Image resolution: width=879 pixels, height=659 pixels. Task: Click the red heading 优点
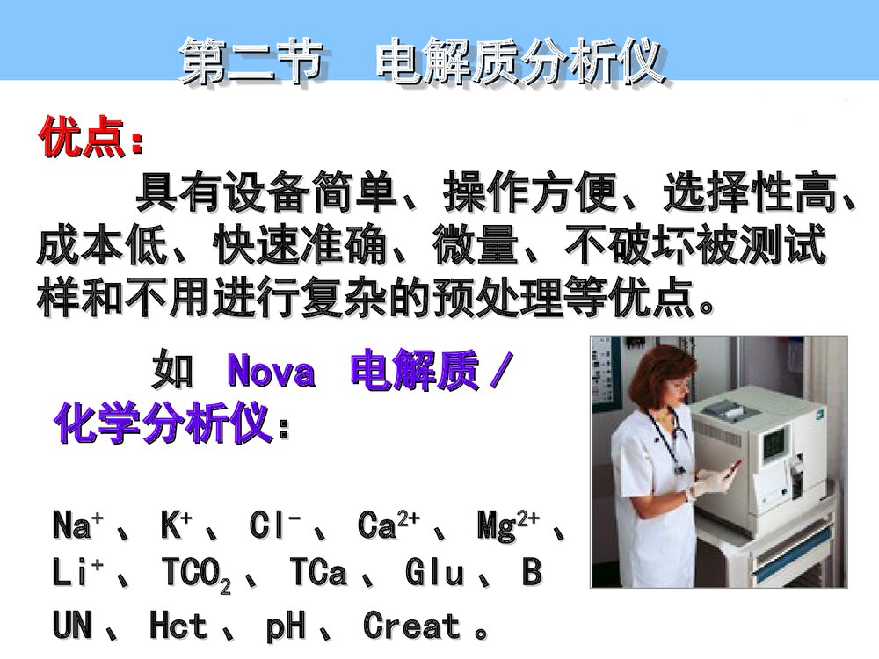pos(84,139)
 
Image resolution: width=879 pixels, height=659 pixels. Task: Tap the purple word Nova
pos(271,373)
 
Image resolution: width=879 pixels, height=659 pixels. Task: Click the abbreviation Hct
pos(178,626)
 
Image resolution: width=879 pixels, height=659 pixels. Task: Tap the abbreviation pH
pos(286,626)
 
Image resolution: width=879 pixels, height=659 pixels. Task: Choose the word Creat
pos(411,626)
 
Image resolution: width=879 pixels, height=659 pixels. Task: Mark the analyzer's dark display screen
pos(774,445)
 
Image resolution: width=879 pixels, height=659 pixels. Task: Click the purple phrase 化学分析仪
pos(162,425)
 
